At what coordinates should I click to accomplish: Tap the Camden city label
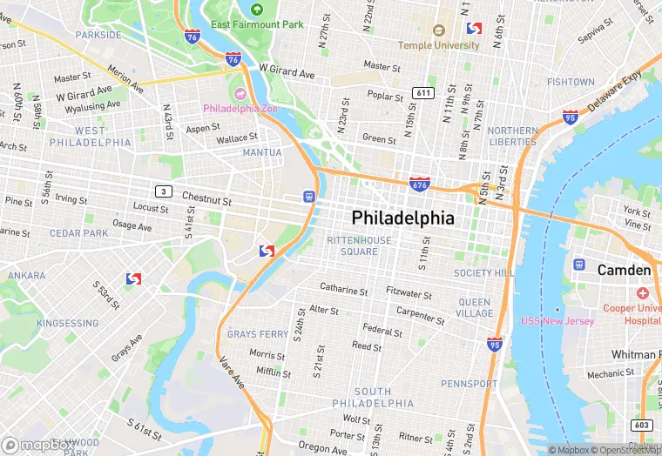pyautogui.click(x=624, y=271)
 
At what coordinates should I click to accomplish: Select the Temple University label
pyautogui.click(x=439, y=44)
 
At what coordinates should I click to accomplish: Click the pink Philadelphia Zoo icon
pyautogui.click(x=240, y=93)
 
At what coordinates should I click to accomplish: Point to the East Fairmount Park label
pyautogui.click(x=257, y=24)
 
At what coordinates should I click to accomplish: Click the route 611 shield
pyautogui.click(x=424, y=92)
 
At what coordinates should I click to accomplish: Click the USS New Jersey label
pyautogui.click(x=557, y=321)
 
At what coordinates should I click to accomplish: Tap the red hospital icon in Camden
pyautogui.click(x=643, y=294)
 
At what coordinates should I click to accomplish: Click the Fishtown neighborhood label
pyautogui.click(x=571, y=82)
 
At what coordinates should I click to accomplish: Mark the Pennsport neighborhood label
pyautogui.click(x=469, y=384)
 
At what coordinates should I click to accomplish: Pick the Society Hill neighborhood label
pyautogui.click(x=484, y=272)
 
